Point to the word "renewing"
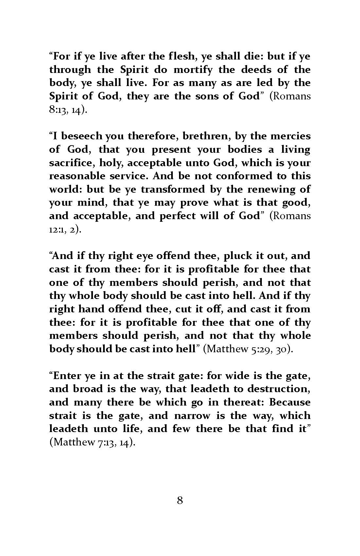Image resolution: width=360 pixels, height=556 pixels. (x=274, y=189)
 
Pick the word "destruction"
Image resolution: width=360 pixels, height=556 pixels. (x=278, y=389)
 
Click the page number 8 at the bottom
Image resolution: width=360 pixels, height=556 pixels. (x=180, y=510)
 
